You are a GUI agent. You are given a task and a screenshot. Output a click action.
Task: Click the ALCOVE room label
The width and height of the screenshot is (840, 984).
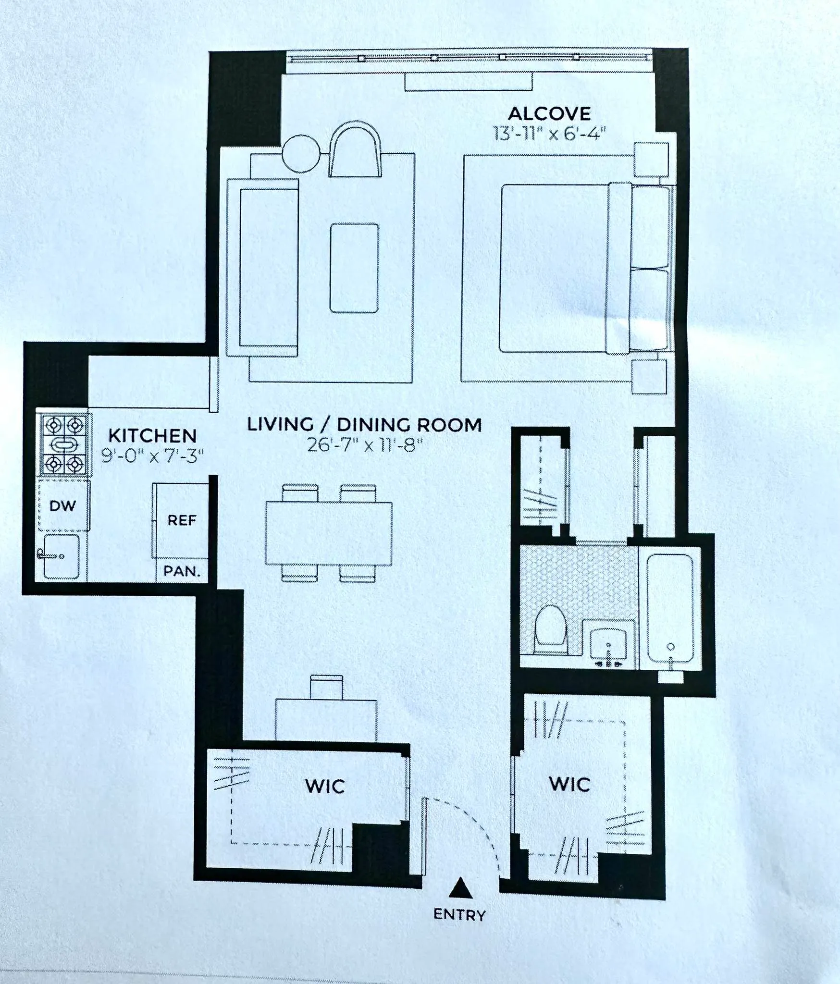point(549,114)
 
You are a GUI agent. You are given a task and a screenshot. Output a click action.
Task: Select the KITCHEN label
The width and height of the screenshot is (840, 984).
point(152,436)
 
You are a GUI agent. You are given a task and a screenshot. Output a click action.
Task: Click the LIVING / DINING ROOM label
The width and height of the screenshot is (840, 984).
point(364,425)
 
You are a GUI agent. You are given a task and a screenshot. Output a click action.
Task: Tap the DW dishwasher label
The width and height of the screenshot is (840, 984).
point(62,505)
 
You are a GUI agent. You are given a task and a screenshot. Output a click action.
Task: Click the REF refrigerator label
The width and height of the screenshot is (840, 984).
point(182,520)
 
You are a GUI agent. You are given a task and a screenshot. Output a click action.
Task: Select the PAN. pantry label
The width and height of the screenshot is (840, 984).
point(182,571)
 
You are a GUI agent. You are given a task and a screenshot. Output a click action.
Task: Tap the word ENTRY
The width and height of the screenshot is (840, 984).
point(459,914)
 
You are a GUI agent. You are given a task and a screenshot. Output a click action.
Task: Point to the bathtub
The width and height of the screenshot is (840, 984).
point(670,609)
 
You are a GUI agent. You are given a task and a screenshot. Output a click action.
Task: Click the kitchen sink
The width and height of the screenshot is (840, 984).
point(61,556)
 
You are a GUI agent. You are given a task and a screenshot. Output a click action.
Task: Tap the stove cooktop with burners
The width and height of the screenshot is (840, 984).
point(64,444)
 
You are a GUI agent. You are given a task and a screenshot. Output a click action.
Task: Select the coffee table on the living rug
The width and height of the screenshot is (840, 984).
point(354,268)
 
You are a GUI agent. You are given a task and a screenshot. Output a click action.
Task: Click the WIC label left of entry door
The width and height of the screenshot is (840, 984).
point(325,787)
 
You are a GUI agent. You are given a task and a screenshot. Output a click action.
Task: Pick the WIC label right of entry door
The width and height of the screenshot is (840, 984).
point(569,784)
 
